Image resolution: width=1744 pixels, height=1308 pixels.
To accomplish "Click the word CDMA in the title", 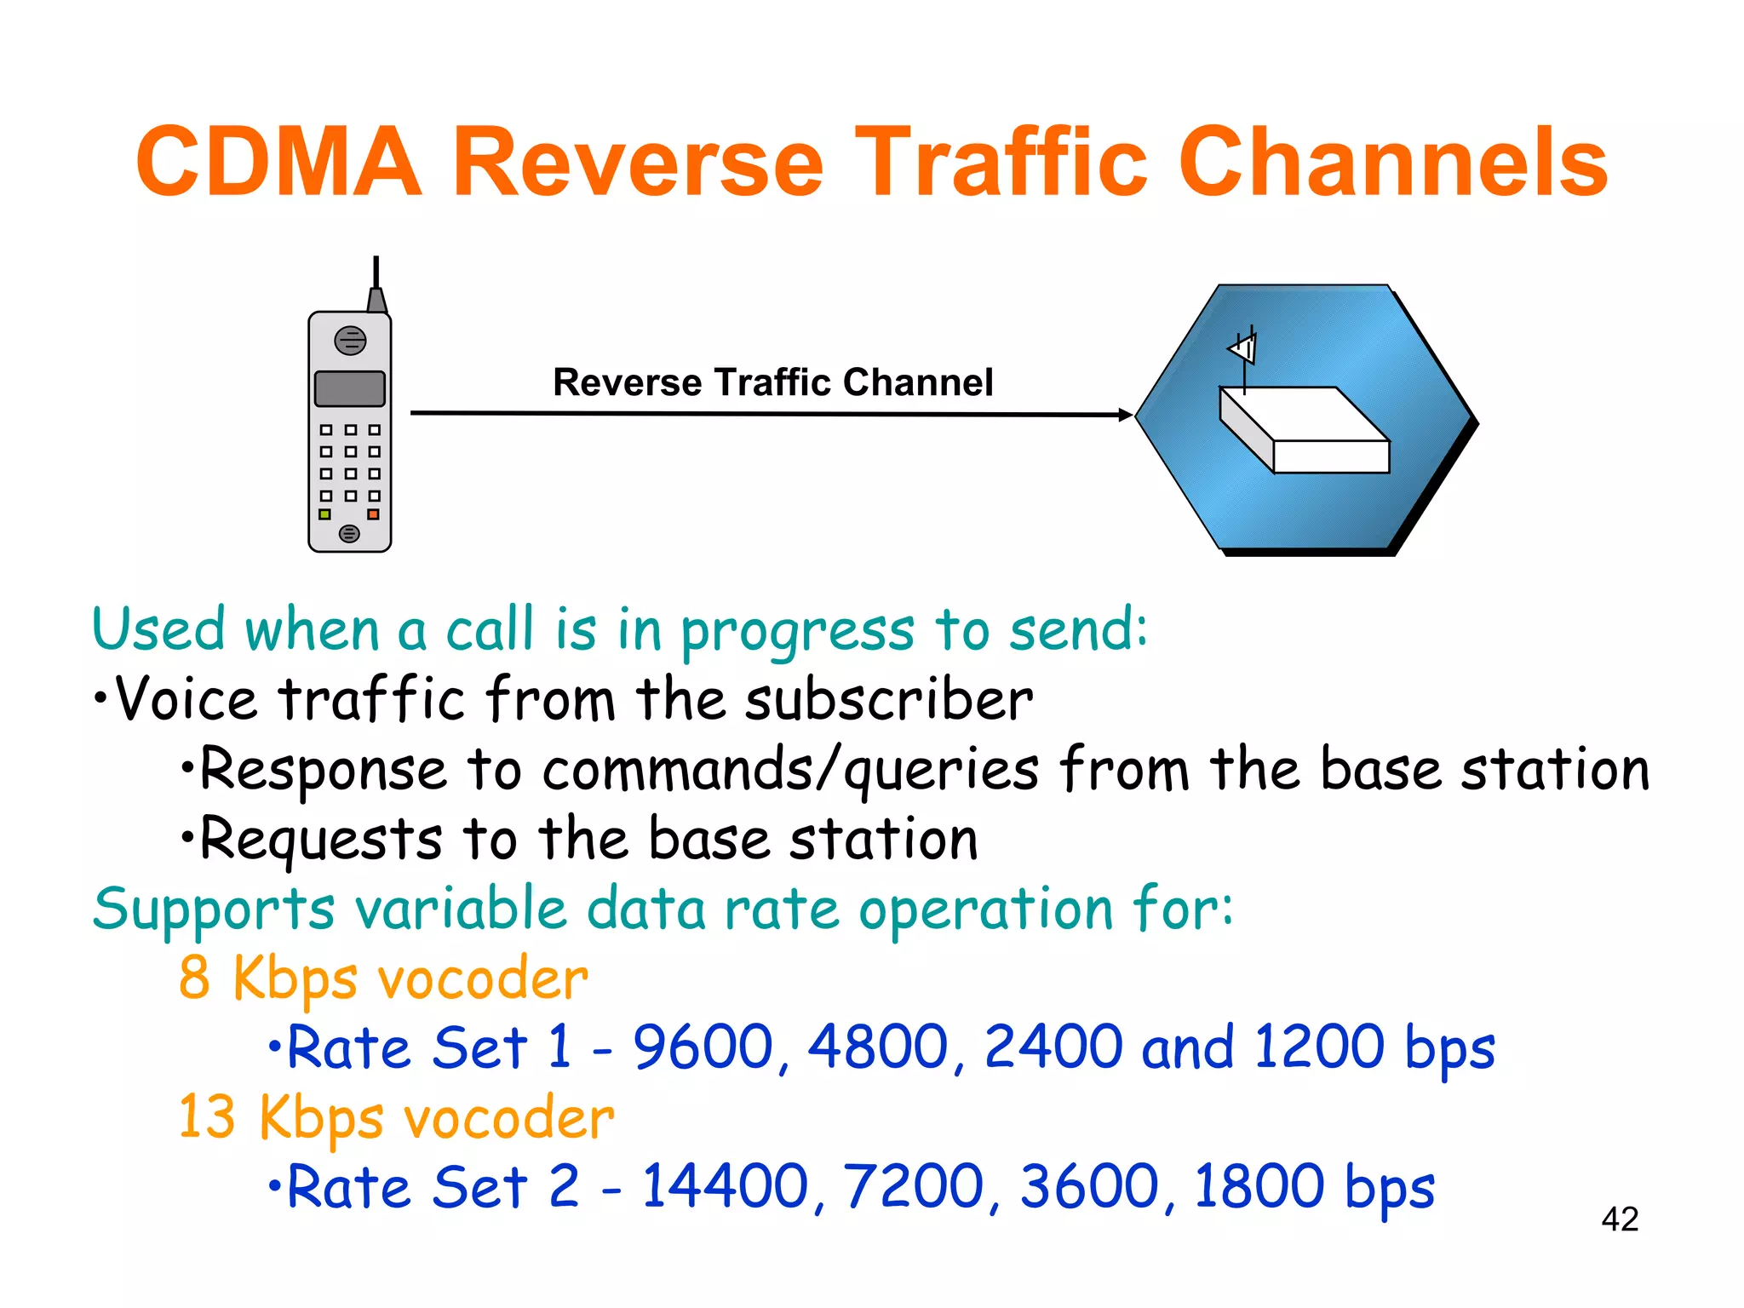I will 278,162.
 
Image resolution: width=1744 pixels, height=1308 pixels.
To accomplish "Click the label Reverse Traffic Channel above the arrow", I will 772,382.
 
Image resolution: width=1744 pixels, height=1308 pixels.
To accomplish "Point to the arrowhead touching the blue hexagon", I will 1126,415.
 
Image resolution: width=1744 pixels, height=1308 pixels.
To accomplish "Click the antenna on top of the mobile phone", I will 376,285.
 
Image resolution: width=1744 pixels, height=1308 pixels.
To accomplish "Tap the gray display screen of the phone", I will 350,388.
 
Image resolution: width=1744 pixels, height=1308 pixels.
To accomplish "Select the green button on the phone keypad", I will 324,514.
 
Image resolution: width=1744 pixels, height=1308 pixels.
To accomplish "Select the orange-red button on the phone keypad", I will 373,514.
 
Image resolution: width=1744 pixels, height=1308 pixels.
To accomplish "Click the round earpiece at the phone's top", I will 350,341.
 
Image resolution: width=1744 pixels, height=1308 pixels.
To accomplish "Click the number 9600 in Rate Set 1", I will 703,1047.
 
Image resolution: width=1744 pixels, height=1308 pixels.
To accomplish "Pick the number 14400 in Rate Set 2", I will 725,1186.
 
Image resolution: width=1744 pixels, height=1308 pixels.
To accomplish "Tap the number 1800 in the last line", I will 1259,1186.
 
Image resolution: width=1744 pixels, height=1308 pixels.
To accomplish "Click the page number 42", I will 1619,1219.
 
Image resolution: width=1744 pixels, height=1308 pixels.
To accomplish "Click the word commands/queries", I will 790,770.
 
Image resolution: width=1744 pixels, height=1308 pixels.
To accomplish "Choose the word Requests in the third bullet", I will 321,840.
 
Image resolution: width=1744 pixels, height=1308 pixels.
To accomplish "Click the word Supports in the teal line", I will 213,909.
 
